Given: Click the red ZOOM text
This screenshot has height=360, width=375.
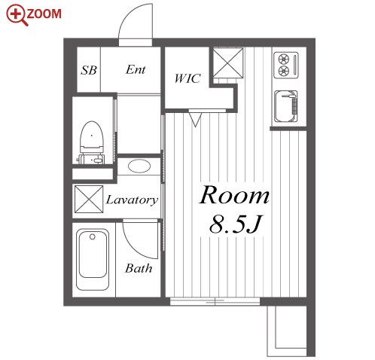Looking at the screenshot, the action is [x=44, y=14].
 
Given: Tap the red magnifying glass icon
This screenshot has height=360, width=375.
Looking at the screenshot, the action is [x=17, y=15].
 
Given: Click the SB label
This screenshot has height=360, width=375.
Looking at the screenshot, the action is [x=89, y=70].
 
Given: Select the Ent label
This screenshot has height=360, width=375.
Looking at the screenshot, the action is [x=136, y=69].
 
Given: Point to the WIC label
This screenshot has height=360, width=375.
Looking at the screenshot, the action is [x=187, y=78].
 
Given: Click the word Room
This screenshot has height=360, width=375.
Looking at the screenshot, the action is [x=234, y=195].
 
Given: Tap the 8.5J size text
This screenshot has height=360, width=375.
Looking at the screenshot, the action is [x=236, y=224].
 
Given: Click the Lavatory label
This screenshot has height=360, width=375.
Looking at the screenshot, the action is [x=132, y=200].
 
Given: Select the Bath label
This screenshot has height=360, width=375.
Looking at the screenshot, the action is [x=139, y=268].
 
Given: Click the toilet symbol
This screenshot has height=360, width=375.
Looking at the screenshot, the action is [x=92, y=142].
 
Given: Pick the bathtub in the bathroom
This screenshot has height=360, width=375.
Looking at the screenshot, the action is [x=93, y=259].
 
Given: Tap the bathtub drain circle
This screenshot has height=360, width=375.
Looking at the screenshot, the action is [x=93, y=236].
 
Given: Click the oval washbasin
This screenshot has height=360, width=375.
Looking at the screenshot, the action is [x=139, y=166].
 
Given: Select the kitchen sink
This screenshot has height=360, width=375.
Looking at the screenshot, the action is [x=286, y=106].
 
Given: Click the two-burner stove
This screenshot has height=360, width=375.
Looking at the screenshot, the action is [x=286, y=65].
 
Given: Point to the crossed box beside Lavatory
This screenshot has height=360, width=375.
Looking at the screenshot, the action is [x=89, y=199].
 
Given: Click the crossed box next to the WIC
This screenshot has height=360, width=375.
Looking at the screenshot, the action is [x=228, y=63].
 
